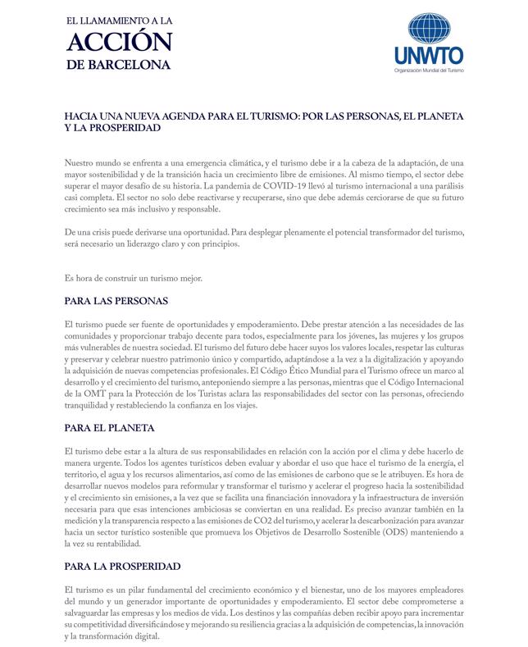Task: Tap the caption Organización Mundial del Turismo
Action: click(429, 71)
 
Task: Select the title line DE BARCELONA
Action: click(120, 64)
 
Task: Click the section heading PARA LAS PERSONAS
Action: click(116, 301)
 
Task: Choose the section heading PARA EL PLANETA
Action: click(109, 428)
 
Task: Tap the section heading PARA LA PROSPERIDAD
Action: click(122, 567)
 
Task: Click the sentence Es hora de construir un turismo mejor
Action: click(133, 278)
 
